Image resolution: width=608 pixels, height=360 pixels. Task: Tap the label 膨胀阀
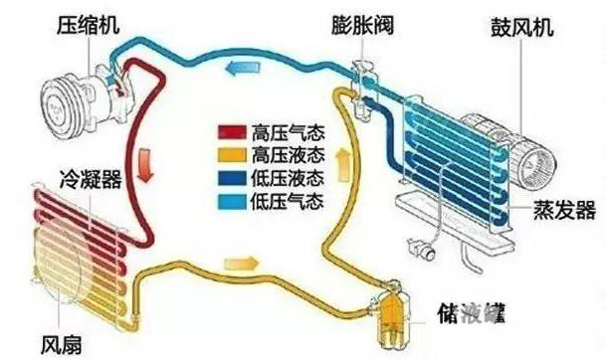tap(360, 22)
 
